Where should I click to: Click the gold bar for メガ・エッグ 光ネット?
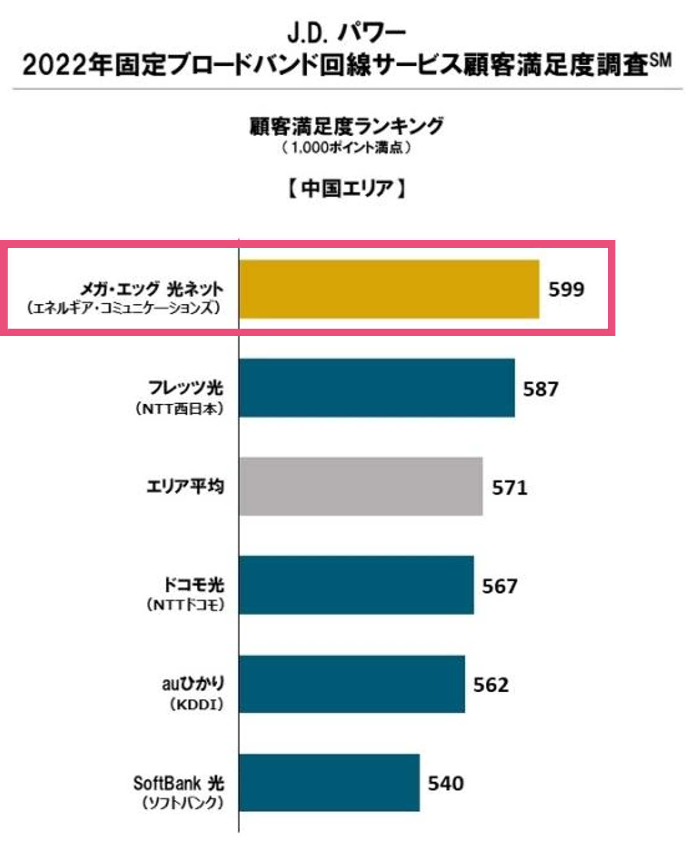click(389, 289)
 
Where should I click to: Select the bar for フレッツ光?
click(377, 388)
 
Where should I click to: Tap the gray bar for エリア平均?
click(361, 486)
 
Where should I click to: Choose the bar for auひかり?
click(352, 684)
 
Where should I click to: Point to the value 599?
click(566, 289)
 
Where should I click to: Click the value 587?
click(540, 389)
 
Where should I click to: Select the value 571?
click(509, 487)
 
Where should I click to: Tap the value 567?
click(499, 586)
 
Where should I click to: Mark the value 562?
click(491, 685)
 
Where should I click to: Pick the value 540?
click(445, 783)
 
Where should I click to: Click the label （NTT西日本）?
click(179, 409)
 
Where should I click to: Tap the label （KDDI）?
click(196, 704)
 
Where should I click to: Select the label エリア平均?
click(185, 486)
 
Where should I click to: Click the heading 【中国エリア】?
click(346, 189)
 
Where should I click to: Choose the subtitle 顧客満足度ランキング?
click(346, 126)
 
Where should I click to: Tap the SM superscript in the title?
click(661, 61)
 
